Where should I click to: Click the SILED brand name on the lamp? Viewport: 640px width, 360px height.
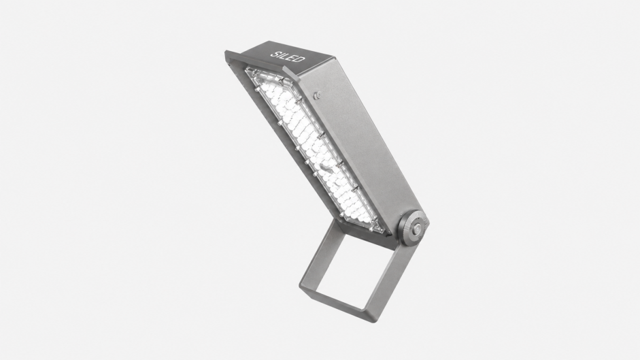pyautogui.click(x=288, y=56)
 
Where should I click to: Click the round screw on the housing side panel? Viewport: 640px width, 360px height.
pyautogui.click(x=317, y=95)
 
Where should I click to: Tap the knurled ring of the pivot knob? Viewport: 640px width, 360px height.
pyautogui.click(x=414, y=228)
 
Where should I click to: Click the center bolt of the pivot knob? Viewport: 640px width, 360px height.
pyautogui.click(x=416, y=229)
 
